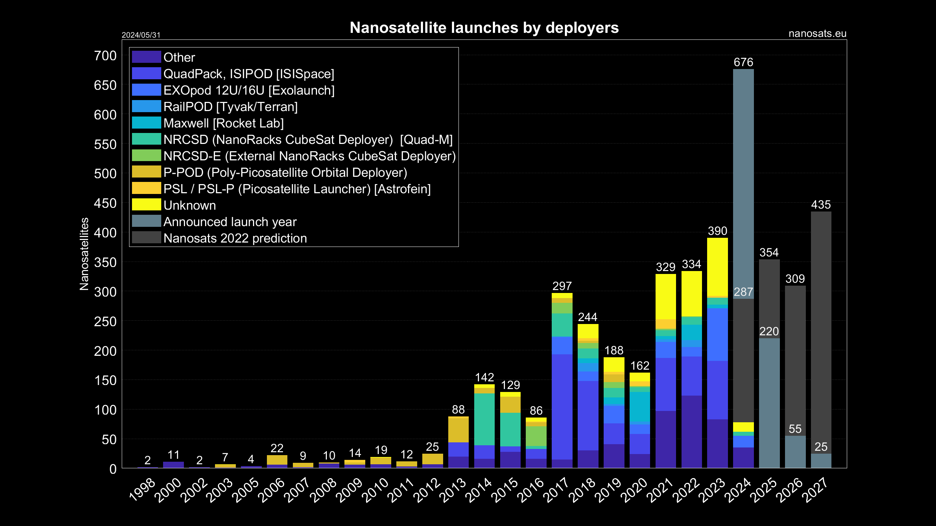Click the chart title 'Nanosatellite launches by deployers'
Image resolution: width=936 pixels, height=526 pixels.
[484, 28]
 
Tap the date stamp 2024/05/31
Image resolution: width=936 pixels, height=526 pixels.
[141, 35]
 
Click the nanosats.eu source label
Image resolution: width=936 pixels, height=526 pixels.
[817, 34]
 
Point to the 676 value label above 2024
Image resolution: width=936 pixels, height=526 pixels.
[743, 62]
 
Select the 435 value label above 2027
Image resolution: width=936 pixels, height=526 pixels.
[821, 205]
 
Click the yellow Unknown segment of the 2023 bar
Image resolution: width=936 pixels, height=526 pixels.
[717, 267]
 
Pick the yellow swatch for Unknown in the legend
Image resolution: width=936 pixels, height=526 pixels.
[146, 205]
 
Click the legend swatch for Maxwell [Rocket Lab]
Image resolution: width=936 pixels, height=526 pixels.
[146, 123]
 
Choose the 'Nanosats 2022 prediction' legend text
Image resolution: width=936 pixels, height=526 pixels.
[235, 238]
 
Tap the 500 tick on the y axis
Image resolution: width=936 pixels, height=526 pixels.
[105, 174]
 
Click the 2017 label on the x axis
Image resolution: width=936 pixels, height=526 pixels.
[556, 489]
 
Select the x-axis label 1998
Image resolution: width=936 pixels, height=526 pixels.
[143, 489]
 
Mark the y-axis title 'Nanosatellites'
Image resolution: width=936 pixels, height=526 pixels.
[84, 254]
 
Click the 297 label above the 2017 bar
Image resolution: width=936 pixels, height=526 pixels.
[562, 286]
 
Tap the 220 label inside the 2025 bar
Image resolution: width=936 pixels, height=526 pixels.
[769, 331]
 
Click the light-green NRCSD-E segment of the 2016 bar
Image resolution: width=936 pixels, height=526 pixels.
[536, 436]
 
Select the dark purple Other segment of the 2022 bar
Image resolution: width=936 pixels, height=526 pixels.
[691, 431]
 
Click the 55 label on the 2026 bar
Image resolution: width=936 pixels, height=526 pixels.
[795, 429]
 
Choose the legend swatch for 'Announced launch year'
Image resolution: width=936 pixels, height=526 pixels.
[146, 221]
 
